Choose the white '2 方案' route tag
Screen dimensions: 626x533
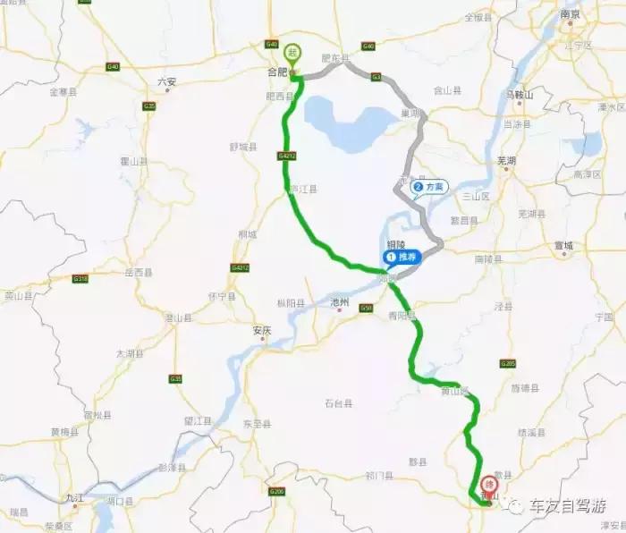(429, 187)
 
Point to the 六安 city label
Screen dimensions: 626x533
(167, 81)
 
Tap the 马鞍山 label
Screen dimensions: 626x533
(519, 94)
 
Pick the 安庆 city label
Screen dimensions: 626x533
(261, 330)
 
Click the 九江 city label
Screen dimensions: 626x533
(73, 497)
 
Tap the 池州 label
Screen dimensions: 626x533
(338, 302)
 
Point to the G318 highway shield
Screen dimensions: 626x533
(80, 278)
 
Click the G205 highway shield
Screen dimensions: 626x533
(509, 364)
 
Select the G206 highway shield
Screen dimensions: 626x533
(276, 492)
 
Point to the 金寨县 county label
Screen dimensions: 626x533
(64, 91)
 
